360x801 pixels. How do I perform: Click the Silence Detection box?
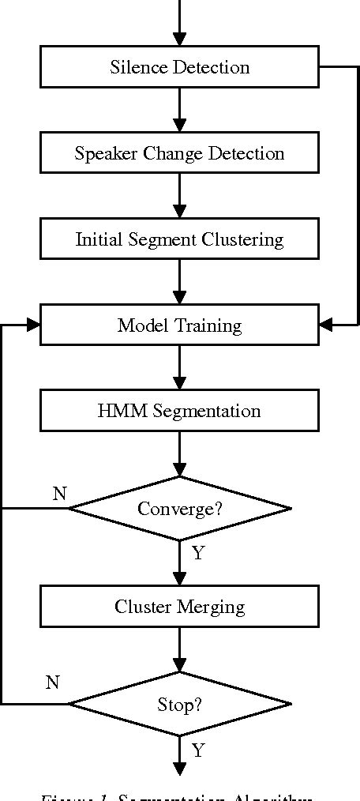pyautogui.click(x=179, y=67)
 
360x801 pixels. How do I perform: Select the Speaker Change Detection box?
pyautogui.click(x=179, y=153)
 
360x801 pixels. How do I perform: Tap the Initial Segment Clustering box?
pyautogui.click(x=179, y=239)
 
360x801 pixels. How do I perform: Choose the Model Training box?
pyautogui.click(x=179, y=325)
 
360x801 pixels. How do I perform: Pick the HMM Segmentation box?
pyautogui.click(x=179, y=412)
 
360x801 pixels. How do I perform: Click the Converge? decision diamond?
pyautogui.click(x=179, y=508)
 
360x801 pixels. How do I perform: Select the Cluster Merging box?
pyautogui.click(x=179, y=607)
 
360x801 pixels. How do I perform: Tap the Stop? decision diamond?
pyautogui.click(x=179, y=703)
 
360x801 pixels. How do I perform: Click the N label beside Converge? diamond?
pyautogui.click(x=59, y=494)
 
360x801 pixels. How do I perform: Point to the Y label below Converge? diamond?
pyautogui.click(x=197, y=553)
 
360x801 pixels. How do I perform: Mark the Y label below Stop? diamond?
pyautogui.click(x=197, y=750)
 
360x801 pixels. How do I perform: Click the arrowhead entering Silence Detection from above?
pyautogui.click(x=180, y=39)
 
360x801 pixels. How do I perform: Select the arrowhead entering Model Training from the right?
pyautogui.click(x=326, y=325)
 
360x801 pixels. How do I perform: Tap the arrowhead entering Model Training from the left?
pyautogui.click(x=33, y=325)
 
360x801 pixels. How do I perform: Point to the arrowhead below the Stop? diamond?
pyautogui.click(x=180, y=769)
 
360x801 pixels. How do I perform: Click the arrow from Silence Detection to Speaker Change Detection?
pyautogui.click(x=180, y=109)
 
